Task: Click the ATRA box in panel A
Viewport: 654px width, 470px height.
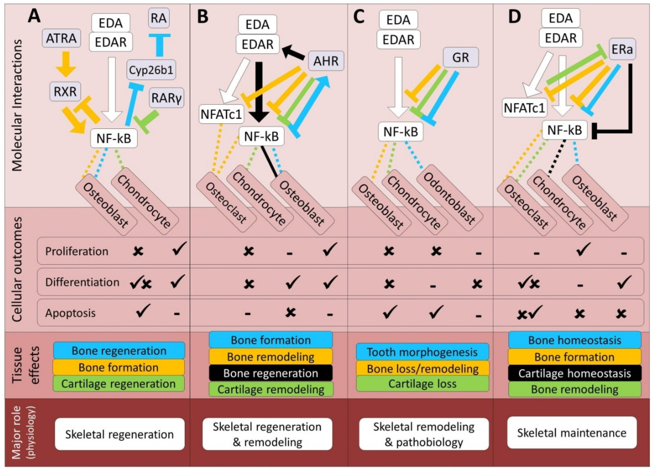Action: [x=61, y=38]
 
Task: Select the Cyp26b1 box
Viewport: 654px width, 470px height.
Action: [x=151, y=70]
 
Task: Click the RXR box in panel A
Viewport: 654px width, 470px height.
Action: [x=65, y=91]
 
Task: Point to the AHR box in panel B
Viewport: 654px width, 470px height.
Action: [x=326, y=61]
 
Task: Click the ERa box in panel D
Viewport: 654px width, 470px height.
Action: [x=622, y=49]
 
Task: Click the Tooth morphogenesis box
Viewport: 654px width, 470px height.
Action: [x=422, y=352]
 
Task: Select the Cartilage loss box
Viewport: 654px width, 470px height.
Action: [x=422, y=384]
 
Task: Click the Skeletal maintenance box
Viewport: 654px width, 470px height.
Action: [x=572, y=433]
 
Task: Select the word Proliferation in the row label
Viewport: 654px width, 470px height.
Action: [x=77, y=251]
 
